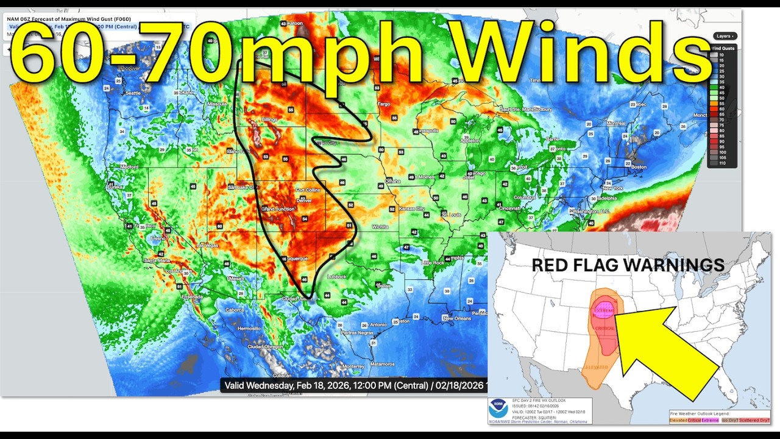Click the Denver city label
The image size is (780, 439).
tap(303, 201)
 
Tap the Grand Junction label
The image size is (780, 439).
tap(277, 209)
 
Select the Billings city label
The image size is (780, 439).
tap(269, 120)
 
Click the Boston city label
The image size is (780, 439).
tap(639, 167)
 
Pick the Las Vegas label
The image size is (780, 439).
tap(207, 246)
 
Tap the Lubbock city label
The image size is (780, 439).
tap(336, 276)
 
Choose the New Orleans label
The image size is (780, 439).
tap(456, 318)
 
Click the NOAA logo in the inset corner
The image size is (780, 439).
tap(497, 409)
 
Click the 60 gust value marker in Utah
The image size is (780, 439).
tap(219, 226)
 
